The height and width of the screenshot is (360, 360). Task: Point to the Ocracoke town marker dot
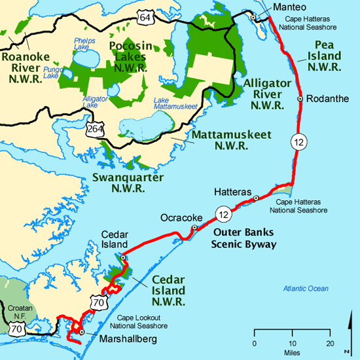pyautogui.click(x=194, y=228)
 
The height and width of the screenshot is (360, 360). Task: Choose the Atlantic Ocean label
pyautogui.click(x=306, y=289)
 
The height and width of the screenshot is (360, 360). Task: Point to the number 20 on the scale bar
pyautogui.click(x=331, y=344)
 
